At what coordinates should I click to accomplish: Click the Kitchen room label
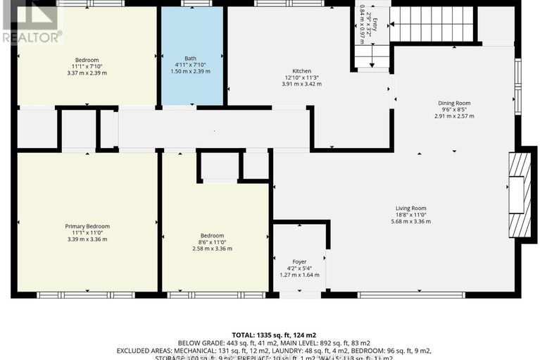(x=302, y=71)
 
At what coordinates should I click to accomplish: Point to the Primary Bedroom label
(x=87, y=226)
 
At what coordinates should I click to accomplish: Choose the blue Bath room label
(x=190, y=58)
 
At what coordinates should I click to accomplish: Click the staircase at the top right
(x=432, y=24)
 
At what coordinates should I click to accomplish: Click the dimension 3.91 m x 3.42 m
(x=302, y=84)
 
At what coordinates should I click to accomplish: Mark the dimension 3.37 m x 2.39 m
(x=87, y=72)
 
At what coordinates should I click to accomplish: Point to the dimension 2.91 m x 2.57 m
(x=453, y=116)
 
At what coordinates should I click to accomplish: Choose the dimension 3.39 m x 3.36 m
(x=87, y=239)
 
